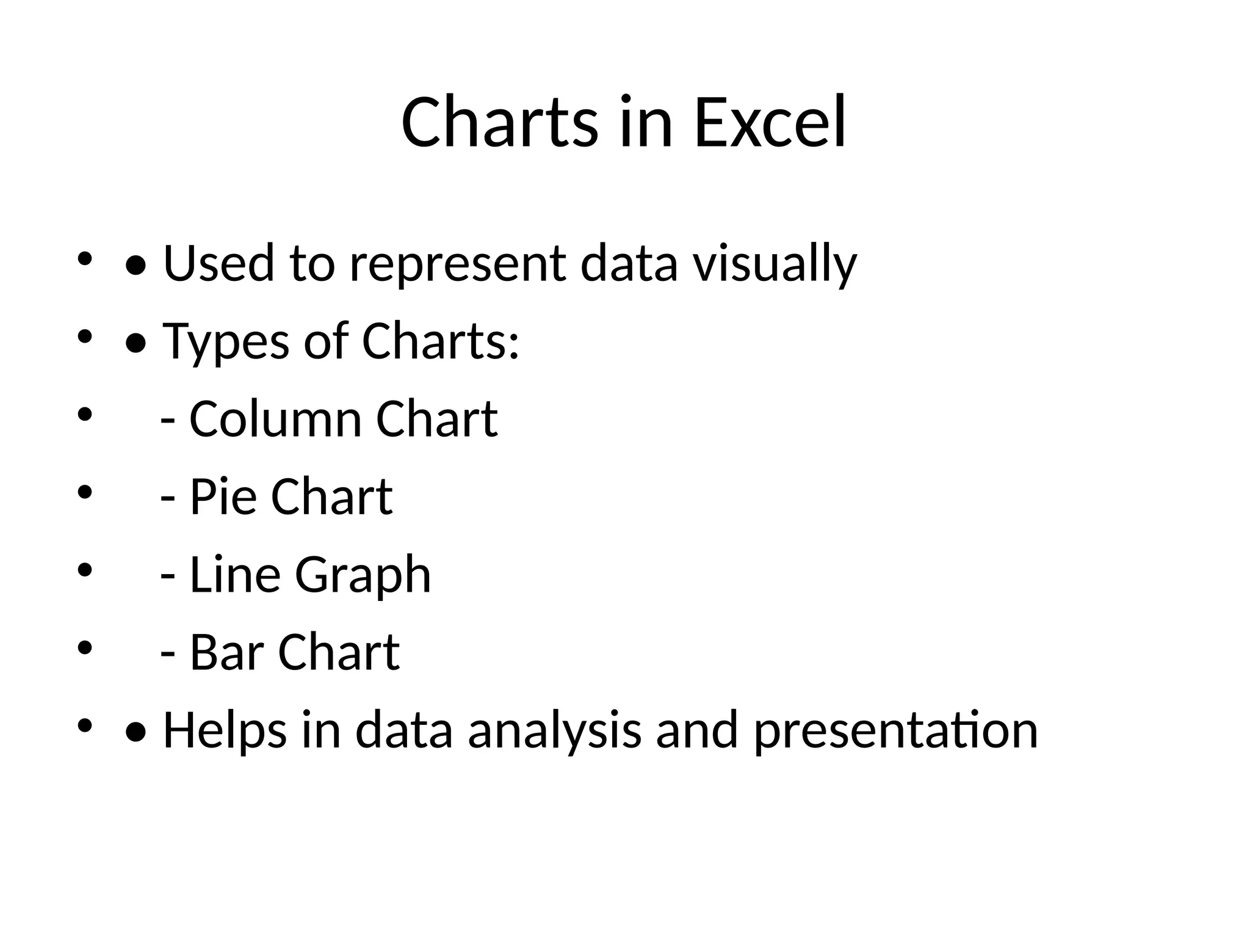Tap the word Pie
pos(223,496)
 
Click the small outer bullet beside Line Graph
pos(84,570)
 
